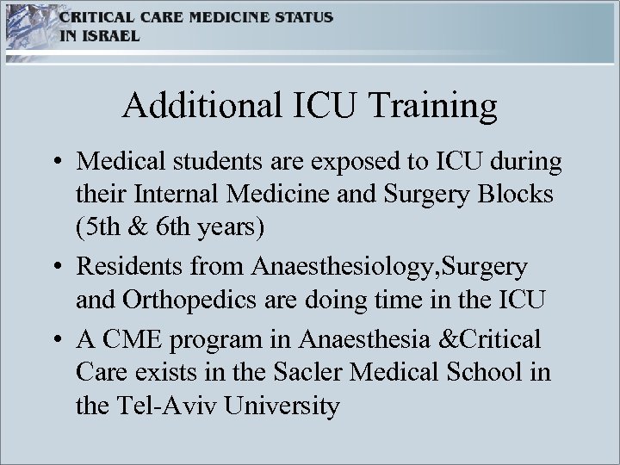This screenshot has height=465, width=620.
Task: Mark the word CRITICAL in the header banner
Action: coord(93,18)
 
